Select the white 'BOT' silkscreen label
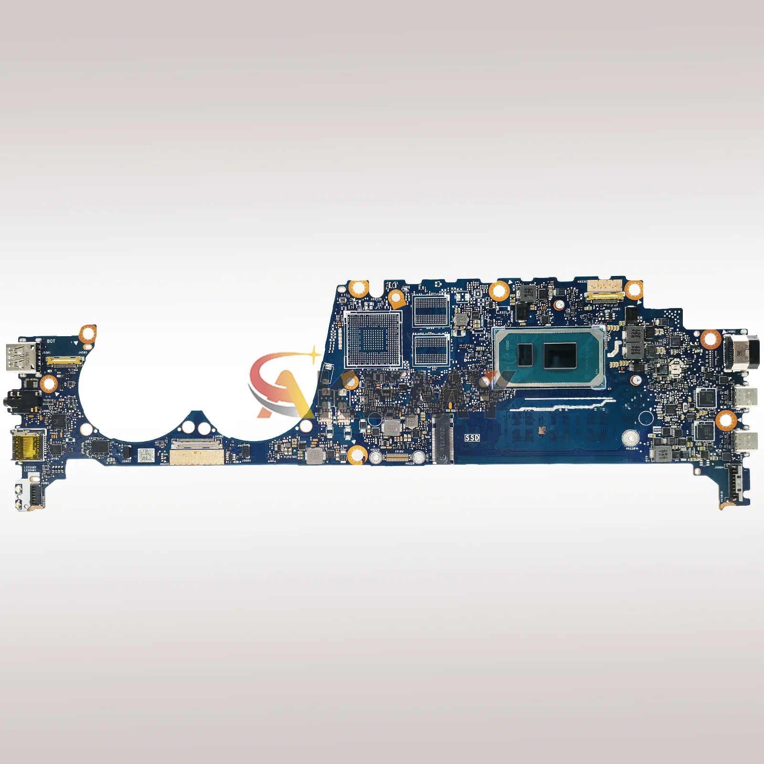click(51, 341)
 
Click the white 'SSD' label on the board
click(473, 437)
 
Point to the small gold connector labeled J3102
click(395, 457)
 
